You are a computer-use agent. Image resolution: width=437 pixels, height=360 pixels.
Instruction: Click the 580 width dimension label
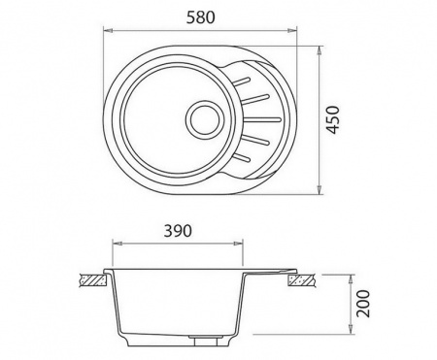click(x=200, y=17)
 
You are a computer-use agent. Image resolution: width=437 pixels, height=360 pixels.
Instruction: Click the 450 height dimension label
click(x=333, y=119)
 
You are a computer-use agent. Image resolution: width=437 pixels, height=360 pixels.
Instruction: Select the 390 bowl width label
click(x=178, y=231)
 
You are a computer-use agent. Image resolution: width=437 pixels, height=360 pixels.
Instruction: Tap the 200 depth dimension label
click(x=362, y=304)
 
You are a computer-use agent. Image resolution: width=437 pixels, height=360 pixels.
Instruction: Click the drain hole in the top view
click(x=205, y=119)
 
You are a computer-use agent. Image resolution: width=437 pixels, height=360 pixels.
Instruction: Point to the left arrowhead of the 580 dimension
click(x=108, y=31)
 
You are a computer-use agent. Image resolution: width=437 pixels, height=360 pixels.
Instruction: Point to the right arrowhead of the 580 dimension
click(x=292, y=31)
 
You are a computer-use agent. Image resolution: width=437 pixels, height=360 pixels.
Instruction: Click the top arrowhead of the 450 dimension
click(x=319, y=50)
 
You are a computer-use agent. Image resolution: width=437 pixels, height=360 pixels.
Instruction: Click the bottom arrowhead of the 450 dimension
click(x=319, y=190)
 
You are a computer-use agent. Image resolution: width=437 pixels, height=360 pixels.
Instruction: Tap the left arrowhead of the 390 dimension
click(x=117, y=243)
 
